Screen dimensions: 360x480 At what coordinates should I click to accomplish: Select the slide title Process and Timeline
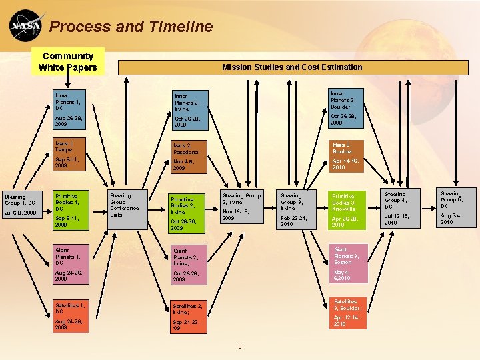[131, 27]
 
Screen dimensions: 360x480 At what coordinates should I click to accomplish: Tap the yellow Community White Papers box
[67, 61]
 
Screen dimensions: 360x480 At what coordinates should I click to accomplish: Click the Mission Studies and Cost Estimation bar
[292, 67]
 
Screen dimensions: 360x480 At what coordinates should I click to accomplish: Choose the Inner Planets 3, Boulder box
[348, 109]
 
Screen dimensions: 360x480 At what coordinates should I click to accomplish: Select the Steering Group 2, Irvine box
[241, 207]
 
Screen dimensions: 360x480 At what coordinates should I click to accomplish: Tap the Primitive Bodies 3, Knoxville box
[349, 209]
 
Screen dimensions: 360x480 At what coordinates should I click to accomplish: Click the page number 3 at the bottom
[239, 346]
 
